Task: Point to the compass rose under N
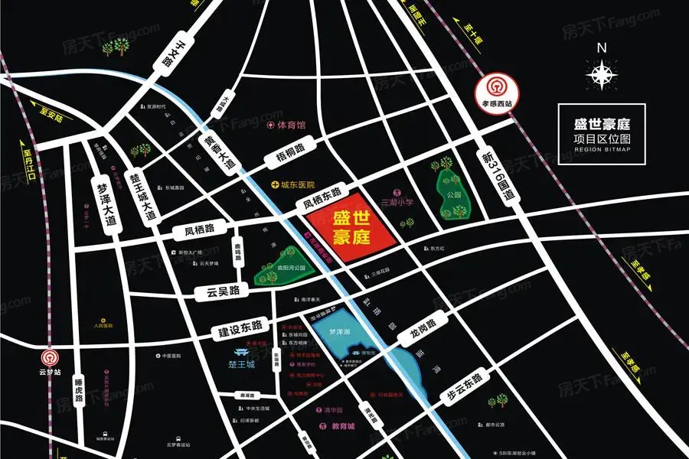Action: (x=602, y=73)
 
